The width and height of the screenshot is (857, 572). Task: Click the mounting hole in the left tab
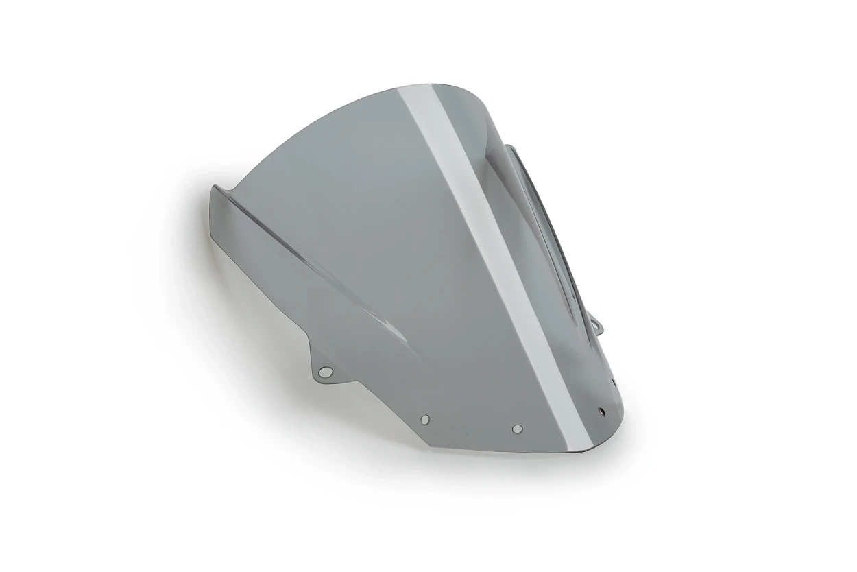[x=326, y=372]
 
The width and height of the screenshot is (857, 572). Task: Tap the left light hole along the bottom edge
[x=425, y=419]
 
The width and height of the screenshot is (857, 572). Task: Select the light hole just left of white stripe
[x=517, y=429]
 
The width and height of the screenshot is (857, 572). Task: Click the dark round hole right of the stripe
[x=602, y=412]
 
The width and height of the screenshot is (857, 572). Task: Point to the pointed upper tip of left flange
[x=214, y=187]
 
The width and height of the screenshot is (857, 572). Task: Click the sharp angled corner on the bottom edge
[x=431, y=446]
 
